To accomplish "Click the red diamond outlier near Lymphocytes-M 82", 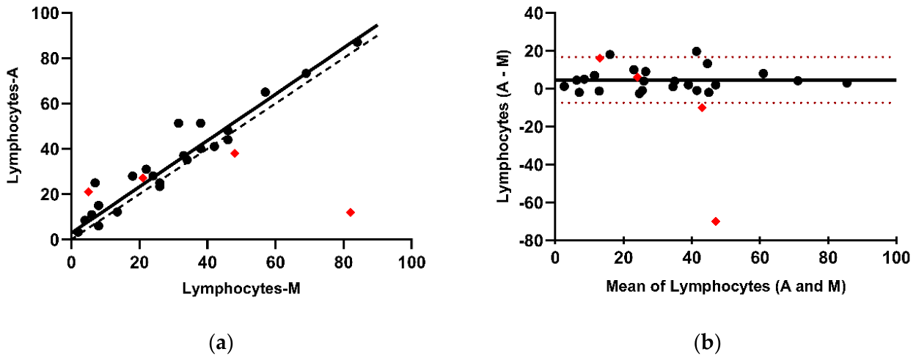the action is (x=351, y=212).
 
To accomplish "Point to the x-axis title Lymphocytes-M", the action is (x=241, y=288).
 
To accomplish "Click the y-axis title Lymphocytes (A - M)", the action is (x=504, y=126).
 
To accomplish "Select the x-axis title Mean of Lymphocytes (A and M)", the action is (x=726, y=287).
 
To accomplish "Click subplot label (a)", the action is (x=221, y=343).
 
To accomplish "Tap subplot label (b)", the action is (x=707, y=343).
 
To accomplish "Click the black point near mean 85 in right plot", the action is (x=847, y=83).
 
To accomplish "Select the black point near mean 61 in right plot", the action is (x=763, y=73).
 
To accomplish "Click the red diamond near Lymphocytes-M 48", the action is (x=235, y=153).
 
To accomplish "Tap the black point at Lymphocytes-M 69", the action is (x=307, y=73).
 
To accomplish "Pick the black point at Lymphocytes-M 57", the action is (x=265, y=92).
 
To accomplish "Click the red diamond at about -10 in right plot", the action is (x=702, y=108).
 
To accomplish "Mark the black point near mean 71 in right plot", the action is (x=798, y=81).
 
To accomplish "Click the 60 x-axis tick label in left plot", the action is (x=275, y=262).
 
